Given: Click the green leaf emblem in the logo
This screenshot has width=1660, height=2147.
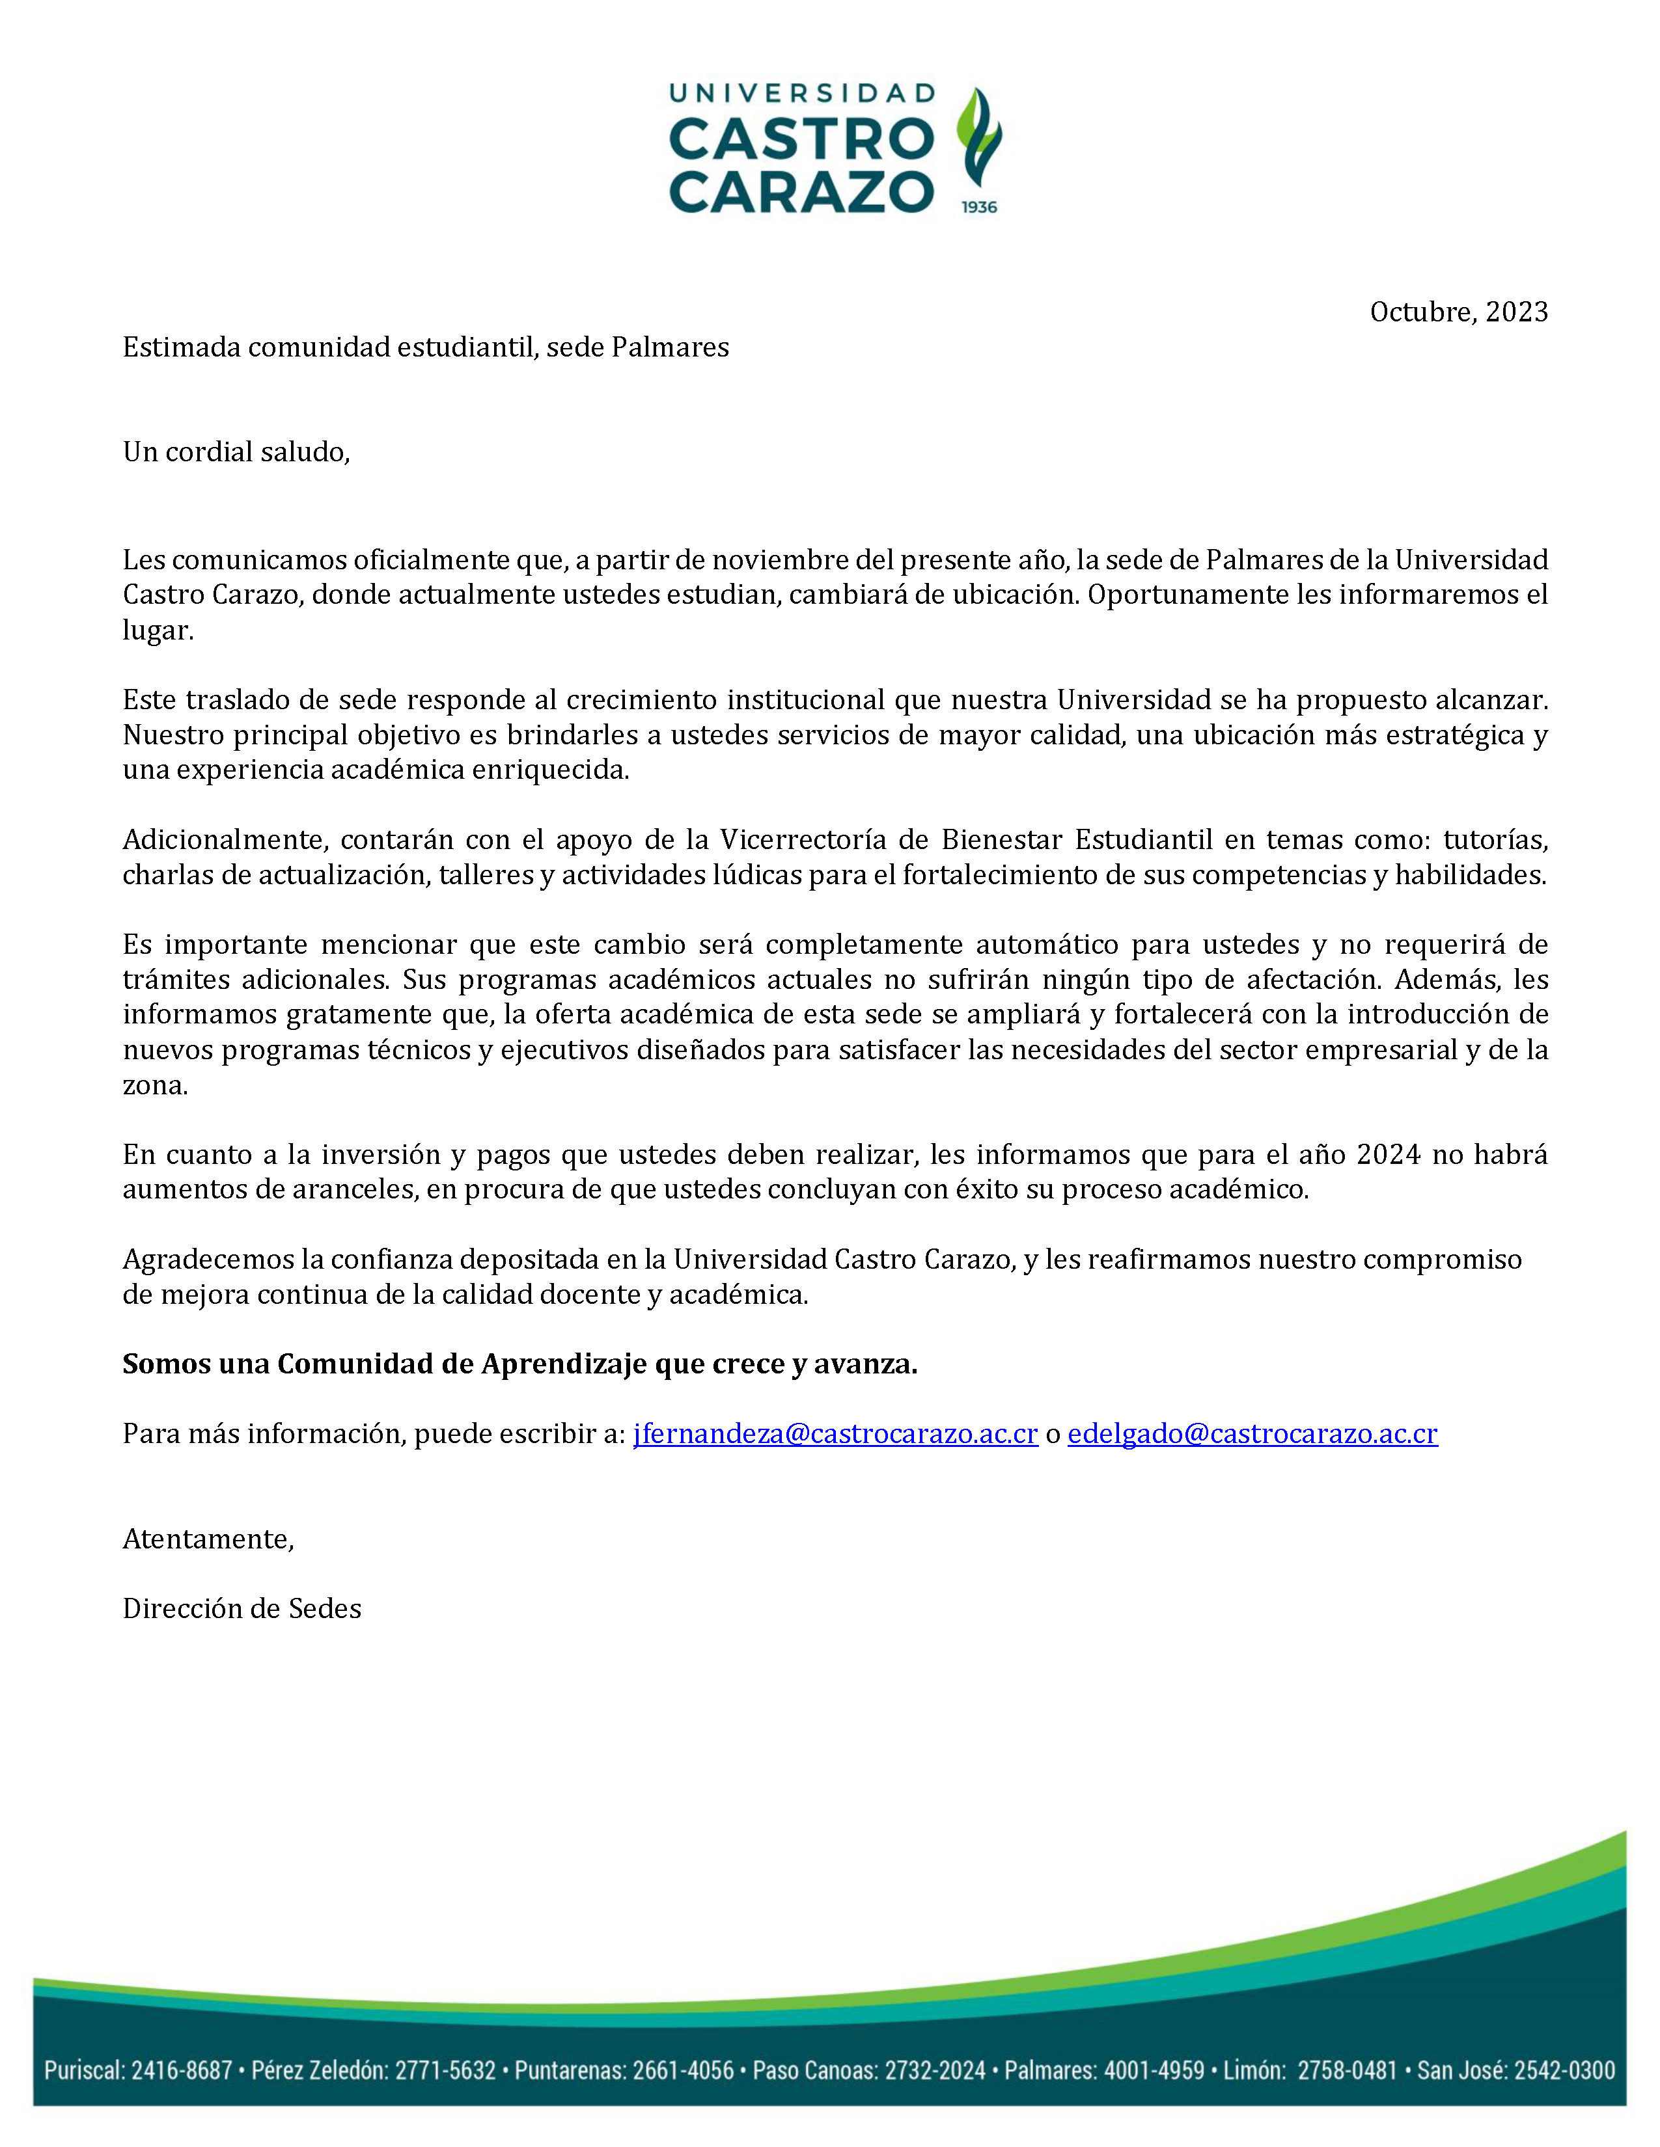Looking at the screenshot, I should [978, 138].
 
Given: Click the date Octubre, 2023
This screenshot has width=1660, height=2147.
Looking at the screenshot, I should [1458, 312].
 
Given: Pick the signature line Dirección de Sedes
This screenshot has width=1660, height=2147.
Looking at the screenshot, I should [242, 1608].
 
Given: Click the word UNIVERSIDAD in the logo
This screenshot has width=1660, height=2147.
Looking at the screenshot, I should [801, 94].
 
